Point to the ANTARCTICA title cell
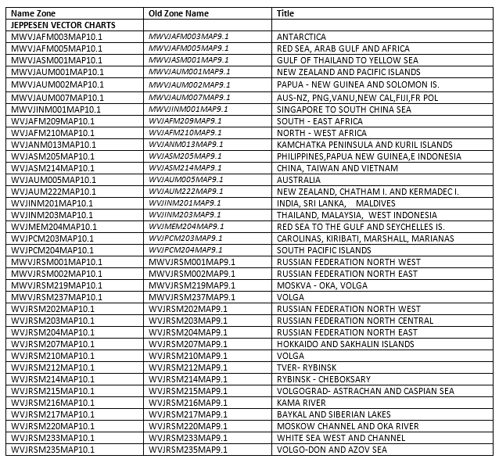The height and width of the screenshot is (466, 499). pyautogui.click(x=301, y=37)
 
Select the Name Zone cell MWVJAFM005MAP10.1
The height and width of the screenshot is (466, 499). pyautogui.click(x=57, y=48)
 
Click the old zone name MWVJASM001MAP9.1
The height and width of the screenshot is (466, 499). pyautogui.click(x=188, y=60)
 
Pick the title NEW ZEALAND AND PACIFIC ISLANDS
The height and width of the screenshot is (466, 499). pyautogui.click(x=349, y=72)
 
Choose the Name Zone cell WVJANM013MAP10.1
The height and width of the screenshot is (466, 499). pyautogui.click(x=53, y=145)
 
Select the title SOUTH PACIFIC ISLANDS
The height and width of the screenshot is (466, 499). pyautogui.click(x=324, y=250)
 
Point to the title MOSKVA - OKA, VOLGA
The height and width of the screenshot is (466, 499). pyautogui.click(x=322, y=285)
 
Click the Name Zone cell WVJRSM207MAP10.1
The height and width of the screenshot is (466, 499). pyautogui.click(x=52, y=344)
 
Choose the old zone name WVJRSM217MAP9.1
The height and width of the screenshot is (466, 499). pyautogui.click(x=188, y=414)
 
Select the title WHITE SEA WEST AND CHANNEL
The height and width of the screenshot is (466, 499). pyautogui.click(x=341, y=438)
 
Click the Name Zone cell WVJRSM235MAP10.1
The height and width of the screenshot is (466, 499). pyautogui.click(x=52, y=450)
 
